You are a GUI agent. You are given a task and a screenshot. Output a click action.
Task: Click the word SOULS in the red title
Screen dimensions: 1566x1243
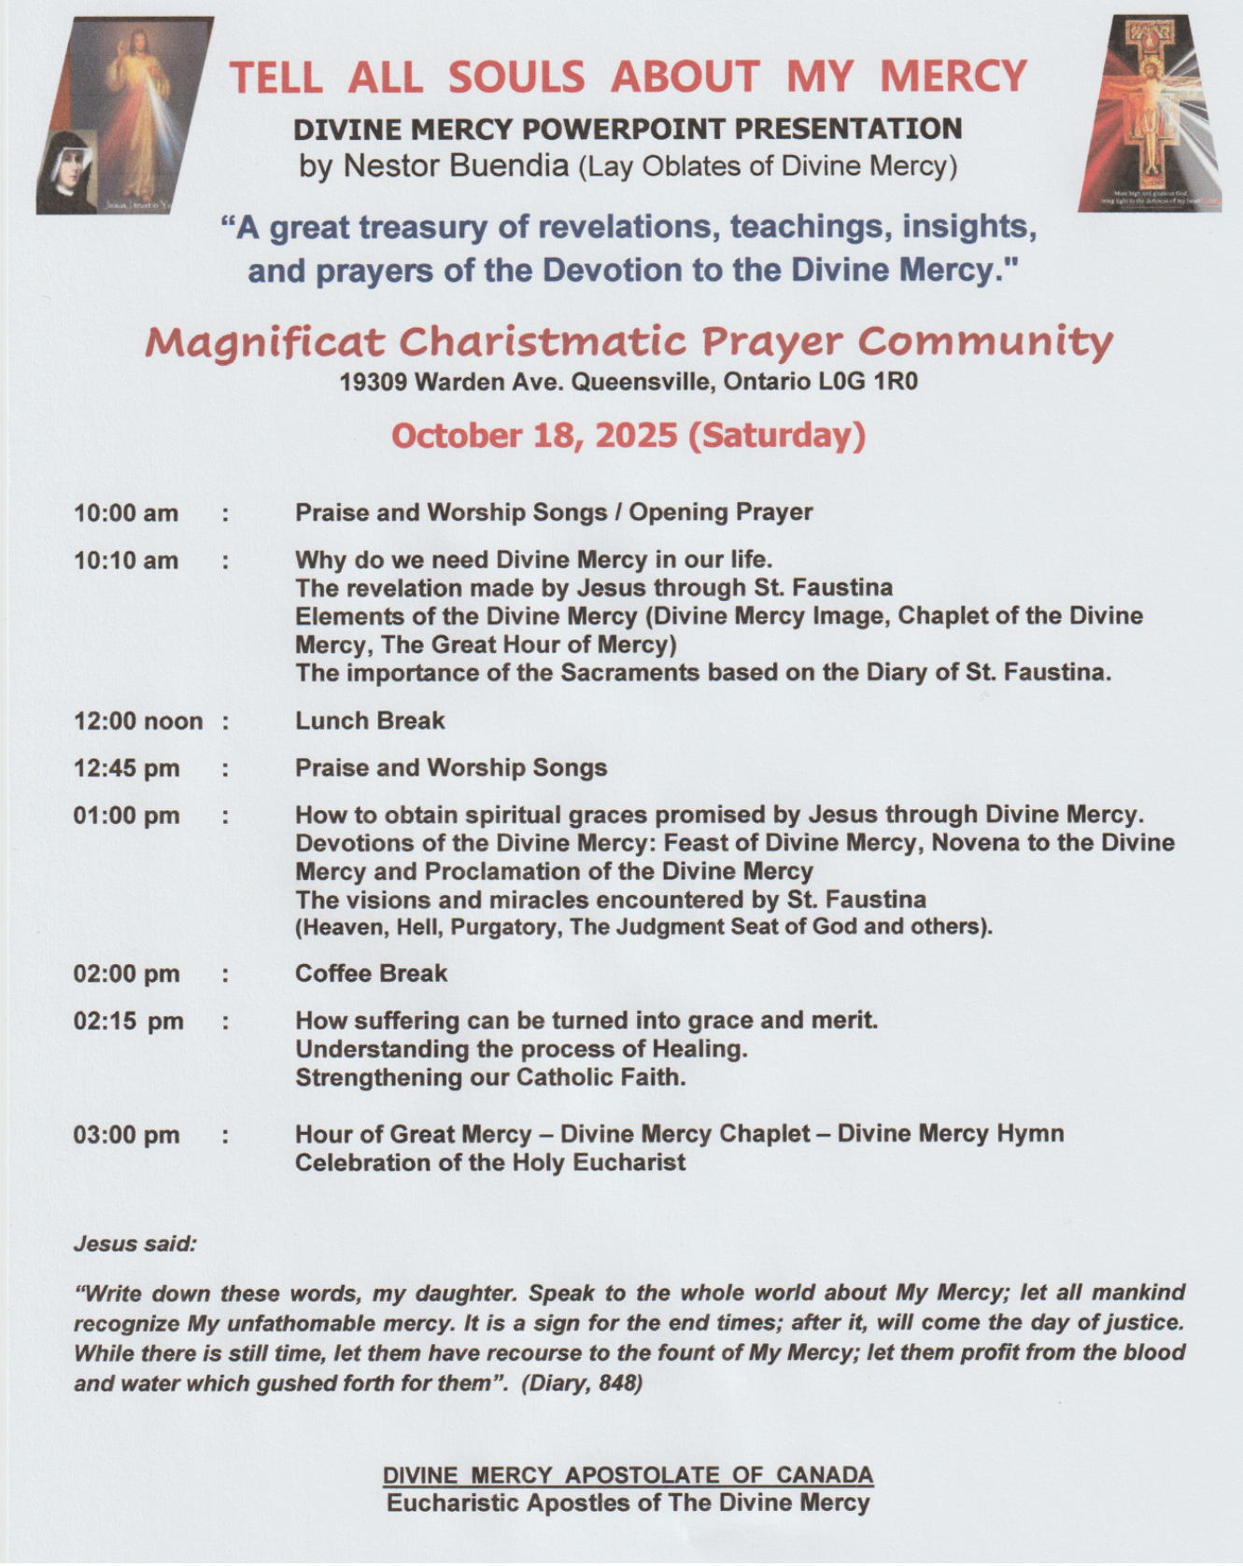click(516, 77)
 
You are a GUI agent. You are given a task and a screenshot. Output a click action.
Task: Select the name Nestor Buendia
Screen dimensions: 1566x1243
click(456, 166)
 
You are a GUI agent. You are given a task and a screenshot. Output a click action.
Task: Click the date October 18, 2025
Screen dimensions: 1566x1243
click(535, 436)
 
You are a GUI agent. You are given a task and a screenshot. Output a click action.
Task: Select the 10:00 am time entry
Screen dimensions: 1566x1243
click(126, 513)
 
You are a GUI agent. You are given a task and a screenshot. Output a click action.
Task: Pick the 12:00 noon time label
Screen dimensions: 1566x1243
click(138, 721)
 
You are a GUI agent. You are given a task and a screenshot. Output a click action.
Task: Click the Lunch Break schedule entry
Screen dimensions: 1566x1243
click(370, 720)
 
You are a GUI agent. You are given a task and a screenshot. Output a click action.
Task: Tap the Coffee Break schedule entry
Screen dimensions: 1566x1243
click(371, 973)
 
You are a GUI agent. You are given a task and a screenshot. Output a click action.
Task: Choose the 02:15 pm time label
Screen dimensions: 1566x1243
click(129, 1021)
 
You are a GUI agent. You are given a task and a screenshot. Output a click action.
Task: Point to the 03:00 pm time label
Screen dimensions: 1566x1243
click(127, 1135)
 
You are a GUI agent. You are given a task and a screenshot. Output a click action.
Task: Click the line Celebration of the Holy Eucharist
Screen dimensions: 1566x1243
click(490, 1163)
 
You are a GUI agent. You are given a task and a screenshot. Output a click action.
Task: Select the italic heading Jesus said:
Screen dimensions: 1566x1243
click(135, 1244)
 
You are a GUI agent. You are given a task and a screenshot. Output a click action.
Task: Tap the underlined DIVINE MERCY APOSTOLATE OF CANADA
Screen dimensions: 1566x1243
click(628, 1475)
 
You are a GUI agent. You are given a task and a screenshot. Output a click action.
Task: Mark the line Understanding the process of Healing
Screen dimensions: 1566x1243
click(521, 1049)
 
